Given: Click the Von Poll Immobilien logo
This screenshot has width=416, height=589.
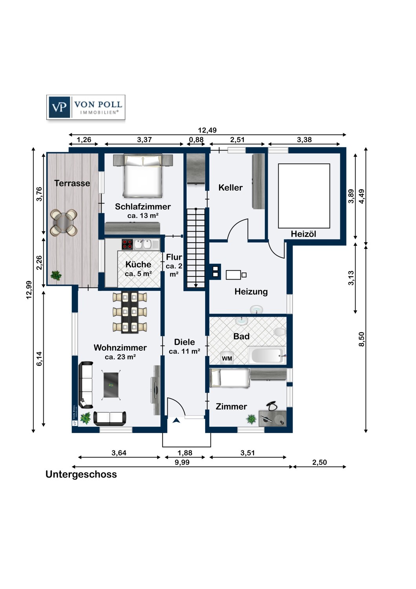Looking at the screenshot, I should click(x=86, y=107).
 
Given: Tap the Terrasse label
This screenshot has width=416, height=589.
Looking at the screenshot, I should click(x=72, y=183).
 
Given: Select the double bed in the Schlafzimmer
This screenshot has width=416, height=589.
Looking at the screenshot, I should click(x=143, y=176).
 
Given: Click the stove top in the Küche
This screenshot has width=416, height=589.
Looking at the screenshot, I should click(x=127, y=244).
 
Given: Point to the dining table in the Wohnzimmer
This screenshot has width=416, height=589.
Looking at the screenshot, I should click(x=130, y=313).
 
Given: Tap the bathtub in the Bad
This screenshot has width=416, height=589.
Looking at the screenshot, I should click(x=267, y=356).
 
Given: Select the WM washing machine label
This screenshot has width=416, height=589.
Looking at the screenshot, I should click(x=227, y=359).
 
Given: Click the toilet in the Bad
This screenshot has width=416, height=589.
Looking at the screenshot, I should click(x=280, y=332).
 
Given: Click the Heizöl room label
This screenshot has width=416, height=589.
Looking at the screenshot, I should click(x=303, y=234).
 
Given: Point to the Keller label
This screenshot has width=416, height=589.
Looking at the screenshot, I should click(x=230, y=188).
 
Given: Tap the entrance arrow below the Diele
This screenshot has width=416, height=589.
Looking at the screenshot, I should click(x=177, y=420).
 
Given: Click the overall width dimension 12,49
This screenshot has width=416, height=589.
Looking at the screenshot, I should click(x=207, y=130).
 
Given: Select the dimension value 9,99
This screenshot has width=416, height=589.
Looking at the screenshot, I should click(x=182, y=463).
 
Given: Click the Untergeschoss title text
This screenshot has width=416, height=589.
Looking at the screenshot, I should click(x=81, y=474).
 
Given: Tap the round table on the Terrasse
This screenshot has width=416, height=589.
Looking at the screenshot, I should click(x=64, y=223).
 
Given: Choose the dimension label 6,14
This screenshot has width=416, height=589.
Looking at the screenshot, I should click(x=39, y=359).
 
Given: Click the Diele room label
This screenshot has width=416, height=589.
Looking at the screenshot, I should click(x=184, y=342).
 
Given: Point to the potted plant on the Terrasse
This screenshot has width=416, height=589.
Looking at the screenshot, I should click(x=56, y=275).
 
